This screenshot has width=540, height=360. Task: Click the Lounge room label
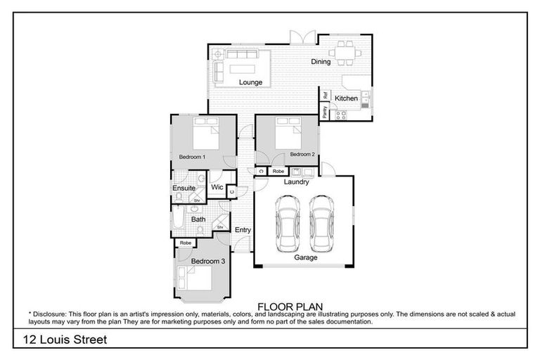tap(250, 82)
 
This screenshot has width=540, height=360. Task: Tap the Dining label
tap(321, 62)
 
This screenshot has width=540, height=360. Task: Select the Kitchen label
tap(346, 98)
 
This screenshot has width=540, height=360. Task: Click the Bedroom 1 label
tap(192, 157)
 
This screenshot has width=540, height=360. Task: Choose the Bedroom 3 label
tap(208, 261)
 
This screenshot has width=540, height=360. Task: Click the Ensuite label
tap(184, 188)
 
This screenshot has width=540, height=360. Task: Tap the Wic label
tap(217, 188)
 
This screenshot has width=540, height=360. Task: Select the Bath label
tap(199, 219)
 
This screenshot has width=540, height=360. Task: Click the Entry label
tap(243, 230)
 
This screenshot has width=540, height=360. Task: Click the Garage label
tap(306, 257)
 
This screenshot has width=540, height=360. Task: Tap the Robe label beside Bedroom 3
tap(186, 243)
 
